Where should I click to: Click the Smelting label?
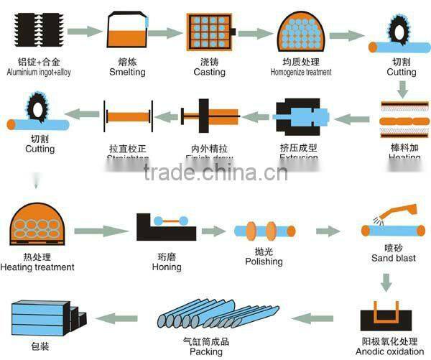tap(127, 72)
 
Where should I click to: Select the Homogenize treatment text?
tap(301, 72)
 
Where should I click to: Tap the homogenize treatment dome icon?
tap(301, 33)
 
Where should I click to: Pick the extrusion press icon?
tap(302, 118)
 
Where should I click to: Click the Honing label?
tap(167, 266)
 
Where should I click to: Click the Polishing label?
tap(264, 262)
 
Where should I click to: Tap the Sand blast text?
tap(394, 258)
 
